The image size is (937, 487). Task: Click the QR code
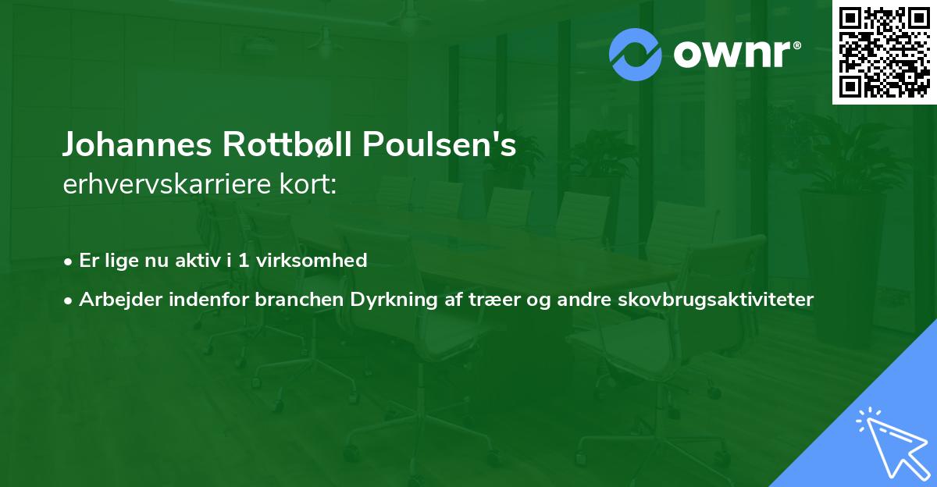885,52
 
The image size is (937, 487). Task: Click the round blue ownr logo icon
636,55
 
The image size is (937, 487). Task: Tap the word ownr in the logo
735,55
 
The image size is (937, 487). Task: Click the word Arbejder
116,300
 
